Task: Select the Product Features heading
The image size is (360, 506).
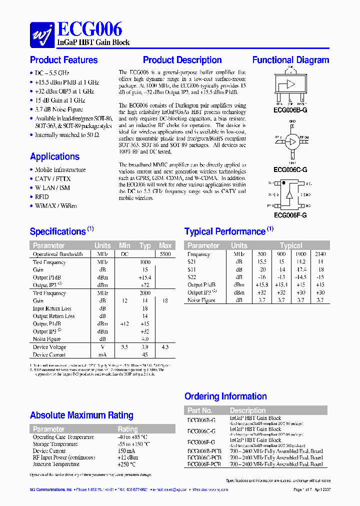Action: (63, 60)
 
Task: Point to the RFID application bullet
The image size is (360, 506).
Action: (41, 197)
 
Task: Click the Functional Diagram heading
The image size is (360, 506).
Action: (290, 60)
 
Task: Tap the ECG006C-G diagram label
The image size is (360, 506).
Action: (290, 170)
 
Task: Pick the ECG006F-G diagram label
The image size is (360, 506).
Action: (290, 215)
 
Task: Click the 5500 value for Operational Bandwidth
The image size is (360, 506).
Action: (164, 254)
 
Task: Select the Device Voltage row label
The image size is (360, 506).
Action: (49, 347)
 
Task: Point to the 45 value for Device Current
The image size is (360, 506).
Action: (144, 355)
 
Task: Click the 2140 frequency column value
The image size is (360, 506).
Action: (320, 254)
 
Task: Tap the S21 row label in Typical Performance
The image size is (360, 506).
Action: (192, 262)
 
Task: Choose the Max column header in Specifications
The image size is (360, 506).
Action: (165, 245)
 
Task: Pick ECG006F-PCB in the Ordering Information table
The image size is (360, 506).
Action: (204, 464)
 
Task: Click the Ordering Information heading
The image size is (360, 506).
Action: (225, 396)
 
